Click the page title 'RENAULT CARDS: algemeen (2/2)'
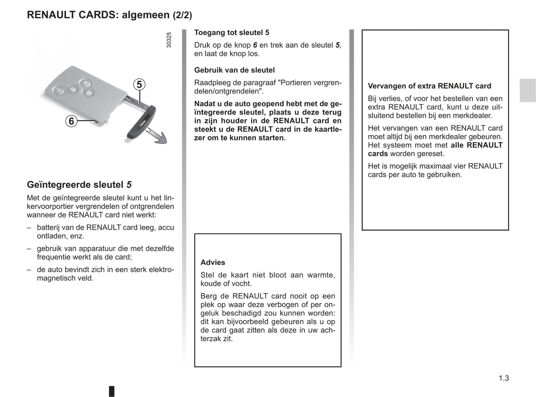(109, 15)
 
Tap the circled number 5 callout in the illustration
(139, 85)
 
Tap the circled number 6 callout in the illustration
(71, 121)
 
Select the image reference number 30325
(169, 40)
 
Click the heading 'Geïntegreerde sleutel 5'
(79, 185)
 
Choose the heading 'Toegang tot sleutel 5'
(231, 33)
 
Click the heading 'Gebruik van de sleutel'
(234, 70)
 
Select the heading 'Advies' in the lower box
(213, 263)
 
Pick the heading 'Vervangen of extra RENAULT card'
(429, 86)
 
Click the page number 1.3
(503, 378)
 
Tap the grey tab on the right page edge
(527, 90)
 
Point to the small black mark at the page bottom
(112, 391)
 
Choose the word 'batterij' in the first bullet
(49, 227)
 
